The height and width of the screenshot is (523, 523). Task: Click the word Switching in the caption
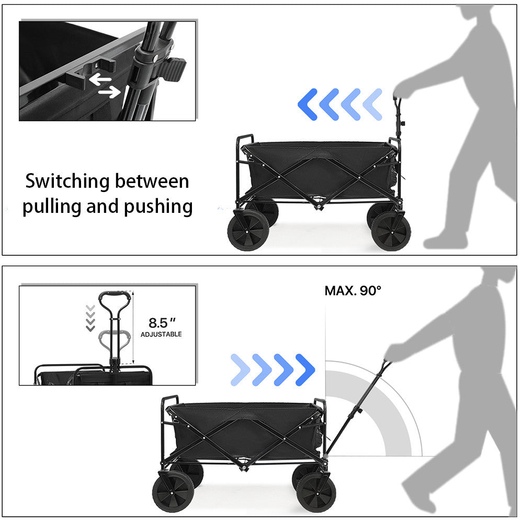click(x=67, y=181)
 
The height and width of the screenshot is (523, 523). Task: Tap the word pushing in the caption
click(x=158, y=207)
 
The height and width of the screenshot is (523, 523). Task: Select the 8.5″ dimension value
click(x=162, y=323)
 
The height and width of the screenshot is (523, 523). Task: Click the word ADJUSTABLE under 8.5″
click(x=161, y=334)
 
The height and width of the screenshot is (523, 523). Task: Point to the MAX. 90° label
click(x=353, y=291)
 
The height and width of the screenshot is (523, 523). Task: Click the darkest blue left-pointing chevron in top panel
click(x=307, y=105)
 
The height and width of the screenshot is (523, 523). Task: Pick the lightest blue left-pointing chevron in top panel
click(x=372, y=105)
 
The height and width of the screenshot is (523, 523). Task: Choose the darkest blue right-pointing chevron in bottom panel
click(x=305, y=370)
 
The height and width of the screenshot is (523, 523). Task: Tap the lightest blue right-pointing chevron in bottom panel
click(x=241, y=370)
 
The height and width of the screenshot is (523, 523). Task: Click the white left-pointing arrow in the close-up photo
click(x=100, y=79)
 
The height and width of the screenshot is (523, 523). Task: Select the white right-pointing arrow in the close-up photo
click(x=109, y=92)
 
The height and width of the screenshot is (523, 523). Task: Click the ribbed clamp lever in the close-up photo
click(x=173, y=70)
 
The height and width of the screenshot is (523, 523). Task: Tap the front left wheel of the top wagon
click(x=248, y=231)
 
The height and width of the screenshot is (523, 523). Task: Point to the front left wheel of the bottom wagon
click(x=173, y=492)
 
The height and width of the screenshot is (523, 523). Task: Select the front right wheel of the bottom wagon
click(x=316, y=492)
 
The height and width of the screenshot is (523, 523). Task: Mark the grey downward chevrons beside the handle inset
click(x=90, y=318)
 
